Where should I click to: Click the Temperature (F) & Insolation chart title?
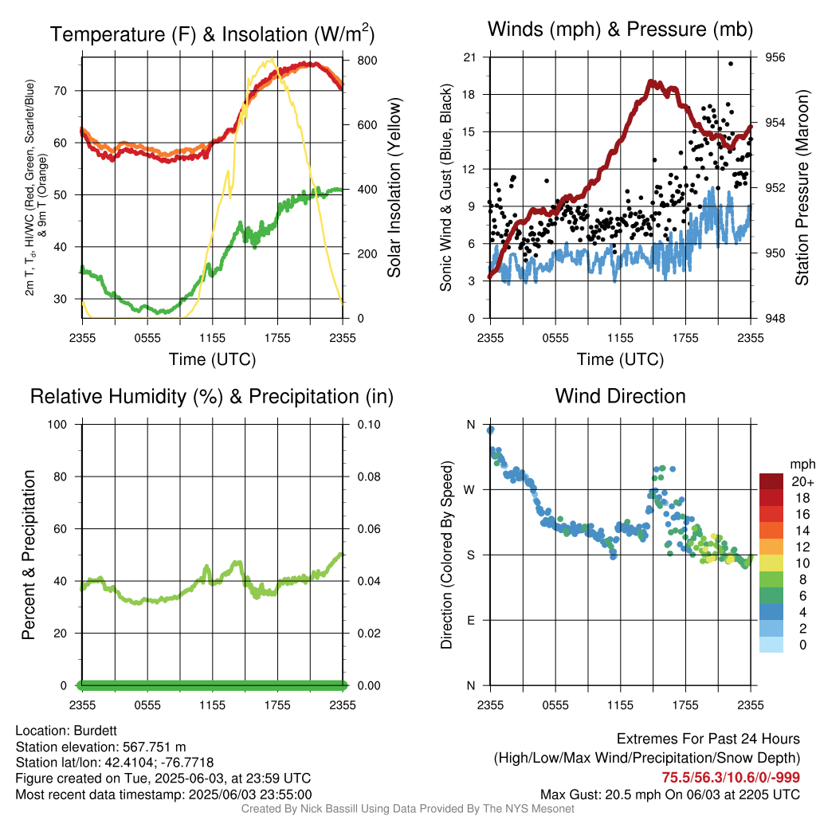212,33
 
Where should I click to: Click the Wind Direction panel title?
620,396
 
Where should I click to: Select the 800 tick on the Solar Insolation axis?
367,61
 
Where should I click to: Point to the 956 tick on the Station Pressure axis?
775,57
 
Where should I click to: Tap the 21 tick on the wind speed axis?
469,57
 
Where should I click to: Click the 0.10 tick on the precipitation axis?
368,425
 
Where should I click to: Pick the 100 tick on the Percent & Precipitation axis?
57,425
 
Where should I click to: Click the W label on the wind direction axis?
469,490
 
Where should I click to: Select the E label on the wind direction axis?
471,620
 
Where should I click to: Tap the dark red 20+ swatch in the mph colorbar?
771,481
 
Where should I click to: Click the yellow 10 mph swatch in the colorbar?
771,563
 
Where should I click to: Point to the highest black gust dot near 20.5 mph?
731,64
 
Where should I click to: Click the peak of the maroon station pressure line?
650,82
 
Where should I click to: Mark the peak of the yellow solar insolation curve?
271,60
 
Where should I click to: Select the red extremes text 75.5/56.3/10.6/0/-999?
731,777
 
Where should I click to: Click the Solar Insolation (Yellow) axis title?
394,187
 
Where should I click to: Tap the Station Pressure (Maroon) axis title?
802,187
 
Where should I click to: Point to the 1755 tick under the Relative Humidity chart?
277,705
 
